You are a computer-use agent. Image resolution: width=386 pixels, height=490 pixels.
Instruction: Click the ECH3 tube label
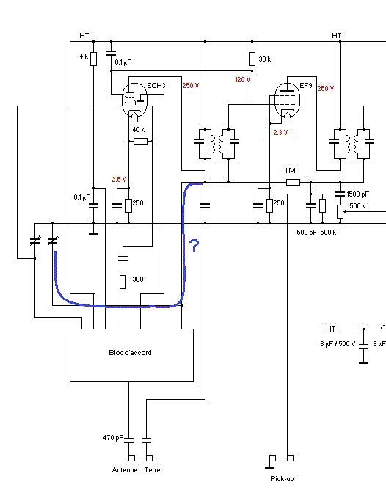(x=156, y=86)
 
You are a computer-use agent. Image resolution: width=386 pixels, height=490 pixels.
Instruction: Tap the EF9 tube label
(x=306, y=85)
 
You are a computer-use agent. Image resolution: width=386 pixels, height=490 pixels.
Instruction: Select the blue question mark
(x=194, y=246)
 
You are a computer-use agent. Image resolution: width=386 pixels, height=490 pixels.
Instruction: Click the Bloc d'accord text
(x=130, y=353)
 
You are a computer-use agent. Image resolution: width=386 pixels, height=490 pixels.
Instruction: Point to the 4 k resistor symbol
(x=93, y=59)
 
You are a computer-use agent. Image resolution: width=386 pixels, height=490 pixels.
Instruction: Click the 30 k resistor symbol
(x=252, y=59)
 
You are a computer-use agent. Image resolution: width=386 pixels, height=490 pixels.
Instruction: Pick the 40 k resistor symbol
(x=140, y=142)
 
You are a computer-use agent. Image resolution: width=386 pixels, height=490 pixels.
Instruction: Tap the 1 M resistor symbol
(x=294, y=182)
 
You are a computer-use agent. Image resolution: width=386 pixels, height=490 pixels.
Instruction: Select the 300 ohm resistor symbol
(x=123, y=282)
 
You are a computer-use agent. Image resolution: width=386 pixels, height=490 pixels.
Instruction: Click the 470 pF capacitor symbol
(x=128, y=440)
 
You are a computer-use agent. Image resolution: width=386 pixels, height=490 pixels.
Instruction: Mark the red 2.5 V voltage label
(x=119, y=180)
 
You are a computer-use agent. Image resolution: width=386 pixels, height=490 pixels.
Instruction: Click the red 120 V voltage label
(x=243, y=80)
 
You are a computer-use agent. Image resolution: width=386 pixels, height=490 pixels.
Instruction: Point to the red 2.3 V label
(x=280, y=133)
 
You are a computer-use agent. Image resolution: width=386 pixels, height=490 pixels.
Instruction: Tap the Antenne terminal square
(x=131, y=458)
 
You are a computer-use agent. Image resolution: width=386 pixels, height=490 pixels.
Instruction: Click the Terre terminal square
(x=150, y=458)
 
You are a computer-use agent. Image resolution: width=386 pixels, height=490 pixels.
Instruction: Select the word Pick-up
(x=282, y=479)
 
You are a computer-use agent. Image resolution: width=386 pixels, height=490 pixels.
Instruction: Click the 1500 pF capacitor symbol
(x=340, y=194)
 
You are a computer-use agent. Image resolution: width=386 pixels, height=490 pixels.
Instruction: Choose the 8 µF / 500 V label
(x=338, y=344)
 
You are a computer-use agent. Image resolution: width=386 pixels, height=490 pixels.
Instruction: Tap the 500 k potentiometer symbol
(x=340, y=211)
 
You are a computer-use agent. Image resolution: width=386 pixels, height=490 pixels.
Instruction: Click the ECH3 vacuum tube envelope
(x=134, y=100)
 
